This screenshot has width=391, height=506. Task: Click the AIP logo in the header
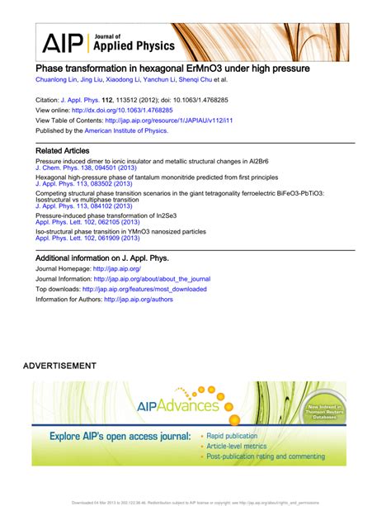click(x=61, y=42)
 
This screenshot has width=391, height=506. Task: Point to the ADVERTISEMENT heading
click(x=59, y=365)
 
